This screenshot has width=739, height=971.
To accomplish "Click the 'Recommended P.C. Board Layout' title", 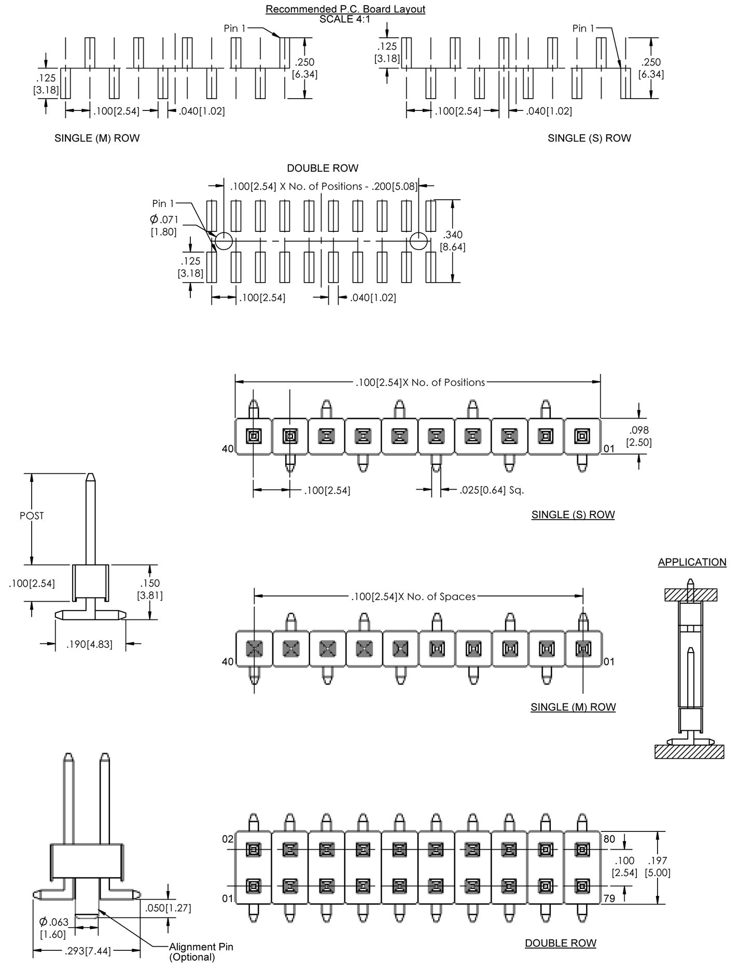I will (x=345, y=9).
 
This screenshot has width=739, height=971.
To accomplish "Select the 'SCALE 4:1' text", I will (x=345, y=19).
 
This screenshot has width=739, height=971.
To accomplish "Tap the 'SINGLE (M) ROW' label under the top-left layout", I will (x=97, y=138).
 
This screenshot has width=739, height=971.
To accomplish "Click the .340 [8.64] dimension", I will (x=453, y=241).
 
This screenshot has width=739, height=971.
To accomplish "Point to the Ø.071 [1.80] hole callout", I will (x=164, y=226).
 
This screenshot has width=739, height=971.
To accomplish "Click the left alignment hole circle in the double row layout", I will (x=223, y=241).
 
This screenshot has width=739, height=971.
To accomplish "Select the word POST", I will (x=32, y=516).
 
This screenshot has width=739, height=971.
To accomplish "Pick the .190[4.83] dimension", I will (x=89, y=645).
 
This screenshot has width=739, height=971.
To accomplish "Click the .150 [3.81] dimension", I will (x=150, y=589).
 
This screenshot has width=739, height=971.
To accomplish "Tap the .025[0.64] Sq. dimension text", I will (x=491, y=490).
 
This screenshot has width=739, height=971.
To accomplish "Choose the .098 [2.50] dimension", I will (x=639, y=436).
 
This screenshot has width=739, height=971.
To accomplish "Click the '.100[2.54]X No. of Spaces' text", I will (x=413, y=597).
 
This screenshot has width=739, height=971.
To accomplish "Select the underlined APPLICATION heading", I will (x=692, y=562).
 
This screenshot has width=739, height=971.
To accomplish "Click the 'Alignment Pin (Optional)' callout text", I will (x=200, y=952).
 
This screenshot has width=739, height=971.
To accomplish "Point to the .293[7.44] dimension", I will (x=87, y=951).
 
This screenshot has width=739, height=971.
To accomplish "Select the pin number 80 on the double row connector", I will (x=609, y=839).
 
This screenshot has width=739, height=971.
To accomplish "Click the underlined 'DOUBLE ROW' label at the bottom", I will (x=560, y=943).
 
